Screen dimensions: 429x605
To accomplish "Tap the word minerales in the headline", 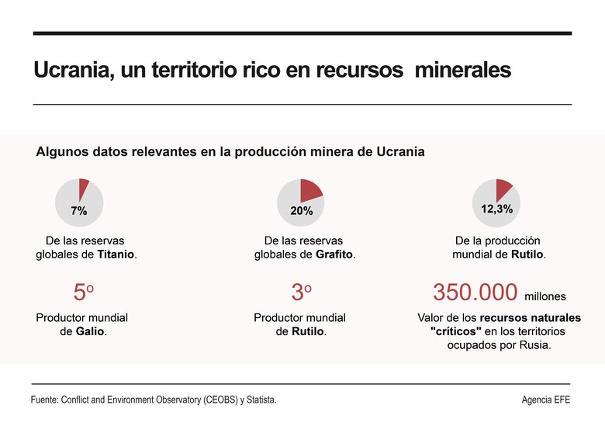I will (463, 70).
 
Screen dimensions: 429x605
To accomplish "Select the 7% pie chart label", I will (78, 211).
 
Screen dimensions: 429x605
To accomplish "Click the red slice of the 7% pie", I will (84, 186).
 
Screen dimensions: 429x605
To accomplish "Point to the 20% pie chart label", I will (301, 211).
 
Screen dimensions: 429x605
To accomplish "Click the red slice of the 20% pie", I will (312, 190).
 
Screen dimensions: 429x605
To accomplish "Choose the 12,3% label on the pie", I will (496, 209).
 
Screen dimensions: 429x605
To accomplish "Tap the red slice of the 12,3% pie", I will (503, 189).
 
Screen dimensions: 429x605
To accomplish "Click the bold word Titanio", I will (116, 254).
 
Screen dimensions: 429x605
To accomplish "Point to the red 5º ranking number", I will (83, 293).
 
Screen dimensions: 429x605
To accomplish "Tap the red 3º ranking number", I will (301, 293).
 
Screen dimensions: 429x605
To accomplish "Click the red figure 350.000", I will (475, 293).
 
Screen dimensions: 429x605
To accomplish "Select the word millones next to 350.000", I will (545, 296).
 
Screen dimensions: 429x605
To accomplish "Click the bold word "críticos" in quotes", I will (455, 331).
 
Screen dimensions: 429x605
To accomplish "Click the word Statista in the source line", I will (259, 400).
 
